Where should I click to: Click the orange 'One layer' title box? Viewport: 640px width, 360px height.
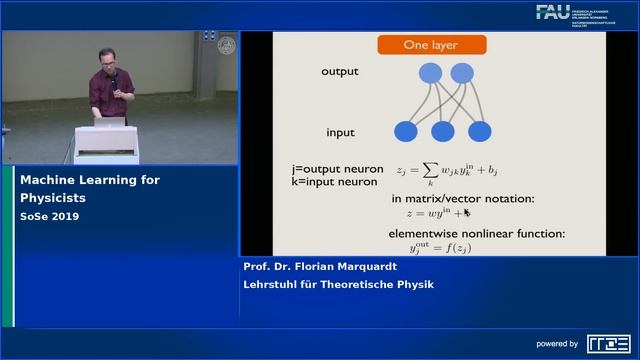431,45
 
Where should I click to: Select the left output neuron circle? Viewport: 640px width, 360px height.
430,72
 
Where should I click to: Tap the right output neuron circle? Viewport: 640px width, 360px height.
461,72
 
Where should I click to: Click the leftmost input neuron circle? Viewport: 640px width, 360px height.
406,131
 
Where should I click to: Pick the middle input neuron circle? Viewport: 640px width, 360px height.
443,131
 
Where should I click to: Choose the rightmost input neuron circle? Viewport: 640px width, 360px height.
480,131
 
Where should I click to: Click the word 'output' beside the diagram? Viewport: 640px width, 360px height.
339,72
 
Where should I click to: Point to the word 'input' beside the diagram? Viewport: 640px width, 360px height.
340,132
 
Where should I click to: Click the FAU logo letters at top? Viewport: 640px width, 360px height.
553,12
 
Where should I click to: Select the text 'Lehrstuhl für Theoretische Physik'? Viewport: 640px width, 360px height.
339,284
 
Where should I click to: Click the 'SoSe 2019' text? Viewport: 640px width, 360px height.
50,216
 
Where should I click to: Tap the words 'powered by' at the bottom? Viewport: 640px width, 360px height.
558,344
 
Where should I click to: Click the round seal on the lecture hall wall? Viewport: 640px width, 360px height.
226,46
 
